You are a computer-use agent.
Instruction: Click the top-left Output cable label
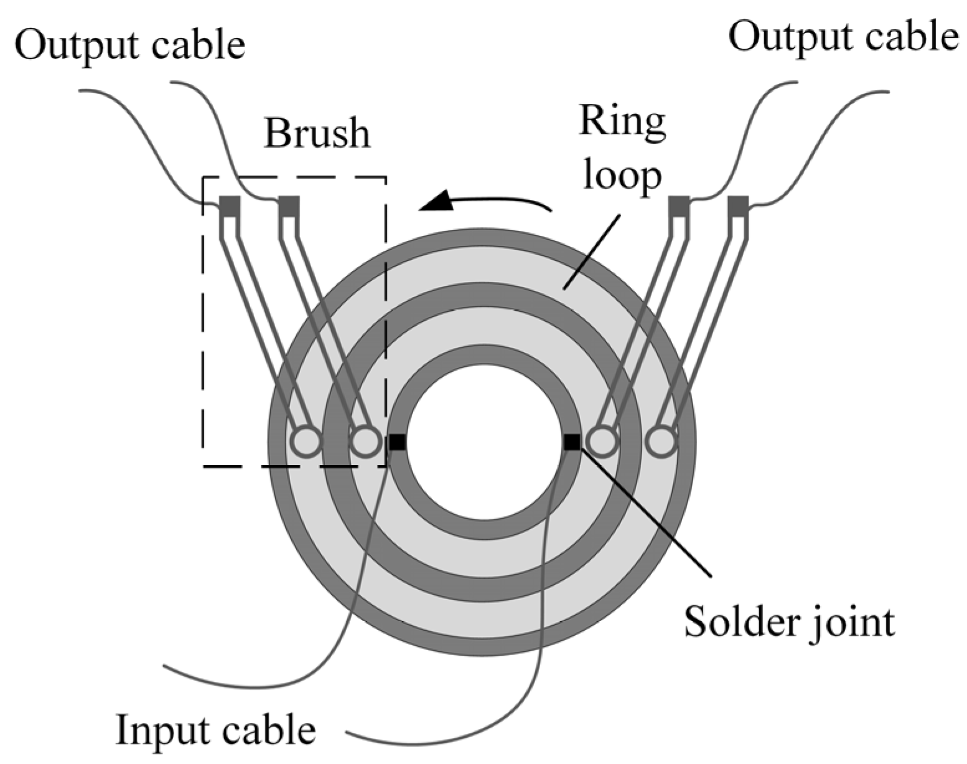130,45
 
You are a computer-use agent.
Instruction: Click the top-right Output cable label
843,37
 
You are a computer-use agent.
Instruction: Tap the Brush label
317,133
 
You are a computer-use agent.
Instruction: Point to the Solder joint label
789,621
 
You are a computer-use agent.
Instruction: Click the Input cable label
216,729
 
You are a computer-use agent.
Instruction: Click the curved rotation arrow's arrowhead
436,202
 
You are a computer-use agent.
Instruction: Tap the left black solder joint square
398,442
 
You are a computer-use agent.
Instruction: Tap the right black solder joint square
571,442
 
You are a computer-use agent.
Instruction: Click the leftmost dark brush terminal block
230,206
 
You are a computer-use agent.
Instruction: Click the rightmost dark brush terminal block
738,206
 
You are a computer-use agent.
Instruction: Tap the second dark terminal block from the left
289,206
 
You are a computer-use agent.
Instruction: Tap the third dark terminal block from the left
679,206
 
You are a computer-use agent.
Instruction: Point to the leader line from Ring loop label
591,252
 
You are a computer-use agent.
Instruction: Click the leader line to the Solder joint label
647,511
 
